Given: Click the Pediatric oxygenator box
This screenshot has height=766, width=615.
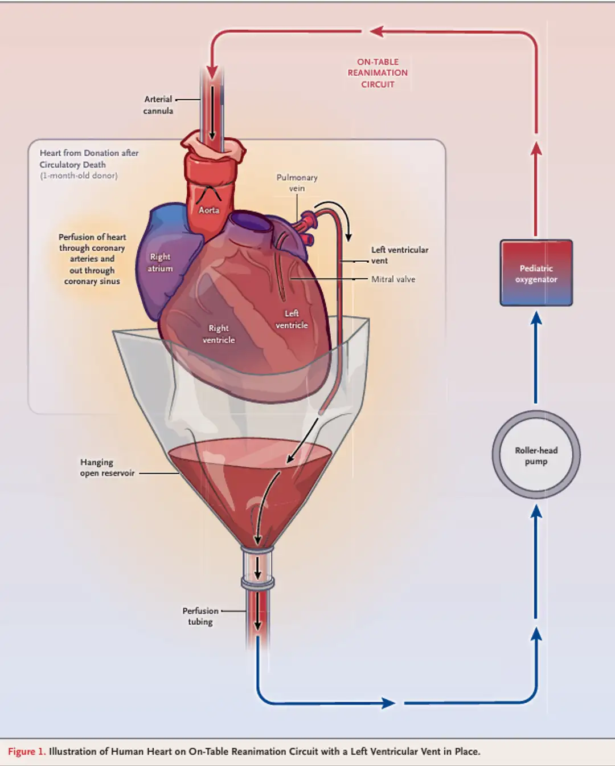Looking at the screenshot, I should pos(536,273).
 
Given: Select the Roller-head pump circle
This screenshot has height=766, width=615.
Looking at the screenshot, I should pos(536,455).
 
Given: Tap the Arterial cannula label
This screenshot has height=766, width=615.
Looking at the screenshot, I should pos(158,105).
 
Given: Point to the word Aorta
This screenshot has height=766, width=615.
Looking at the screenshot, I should pos(209,210).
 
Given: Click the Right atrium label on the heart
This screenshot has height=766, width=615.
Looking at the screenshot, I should pos(160,263).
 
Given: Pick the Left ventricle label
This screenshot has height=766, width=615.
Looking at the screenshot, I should pos(292,319).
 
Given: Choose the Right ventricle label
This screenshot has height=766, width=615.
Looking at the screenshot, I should pos(219,334).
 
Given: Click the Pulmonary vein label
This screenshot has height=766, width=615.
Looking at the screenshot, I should pos(297,183).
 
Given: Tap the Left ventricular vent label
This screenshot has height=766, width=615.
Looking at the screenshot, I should pos(399,255).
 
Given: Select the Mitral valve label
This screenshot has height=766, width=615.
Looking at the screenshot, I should pos(393,279).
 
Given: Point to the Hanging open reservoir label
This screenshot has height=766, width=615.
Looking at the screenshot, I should pos(107,467).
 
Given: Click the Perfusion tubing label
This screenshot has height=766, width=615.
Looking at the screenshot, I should pos(200,616).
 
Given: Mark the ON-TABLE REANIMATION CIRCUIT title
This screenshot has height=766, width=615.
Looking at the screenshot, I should pos(378,73).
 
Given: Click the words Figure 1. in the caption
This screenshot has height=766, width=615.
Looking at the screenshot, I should pos(26,752).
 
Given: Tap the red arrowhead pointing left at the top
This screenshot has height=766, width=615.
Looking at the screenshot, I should pos(376,31).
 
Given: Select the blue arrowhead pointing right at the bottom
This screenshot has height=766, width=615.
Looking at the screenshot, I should pos(389,703).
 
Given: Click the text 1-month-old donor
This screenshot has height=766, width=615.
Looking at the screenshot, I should pos(79,176).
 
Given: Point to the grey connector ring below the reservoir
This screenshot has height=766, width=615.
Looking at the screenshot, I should pos(257,583).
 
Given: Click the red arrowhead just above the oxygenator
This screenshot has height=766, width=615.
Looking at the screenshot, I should pos(536,149).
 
